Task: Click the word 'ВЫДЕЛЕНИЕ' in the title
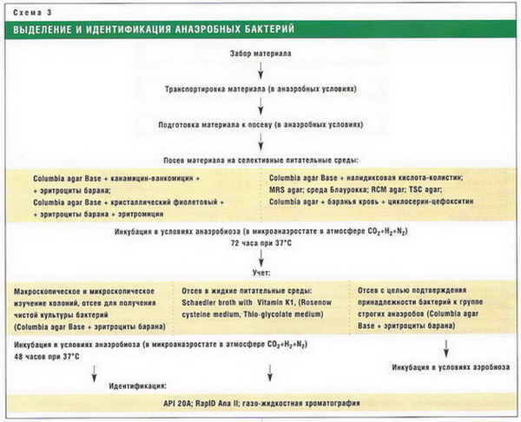pos(49,30)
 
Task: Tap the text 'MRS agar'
pos(290,189)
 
